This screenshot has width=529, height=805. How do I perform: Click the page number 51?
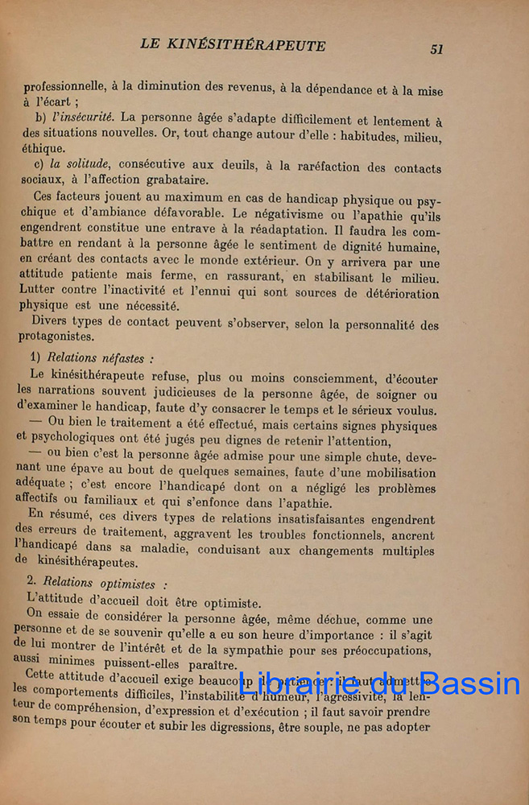436,49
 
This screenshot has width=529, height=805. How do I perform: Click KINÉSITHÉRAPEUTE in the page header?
255,45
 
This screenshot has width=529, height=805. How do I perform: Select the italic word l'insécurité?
82,118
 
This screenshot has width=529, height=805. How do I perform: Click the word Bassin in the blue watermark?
471,685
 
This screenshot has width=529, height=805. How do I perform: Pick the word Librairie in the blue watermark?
293,683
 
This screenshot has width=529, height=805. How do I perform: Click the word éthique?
44,149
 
